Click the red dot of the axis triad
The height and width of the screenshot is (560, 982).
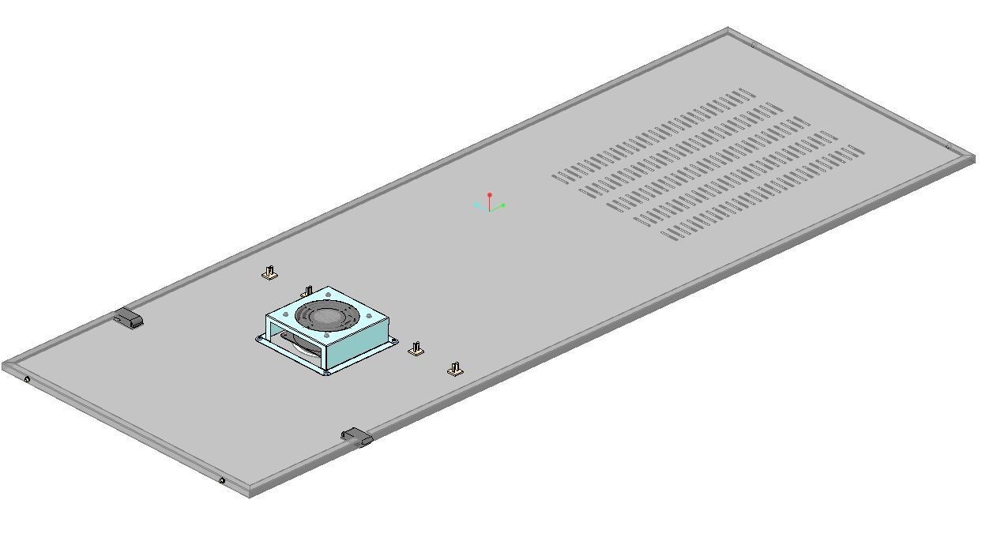pyautogui.click(x=490, y=194)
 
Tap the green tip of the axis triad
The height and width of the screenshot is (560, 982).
pyautogui.click(x=503, y=205)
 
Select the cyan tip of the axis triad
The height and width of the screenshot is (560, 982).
pyautogui.click(x=476, y=205)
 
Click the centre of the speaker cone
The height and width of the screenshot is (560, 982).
pyautogui.click(x=324, y=318)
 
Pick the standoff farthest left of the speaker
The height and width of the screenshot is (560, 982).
pyautogui.click(x=270, y=273)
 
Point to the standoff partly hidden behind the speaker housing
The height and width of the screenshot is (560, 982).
pyautogui.click(x=307, y=291)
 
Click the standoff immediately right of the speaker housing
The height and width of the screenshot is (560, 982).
pyautogui.click(x=416, y=348)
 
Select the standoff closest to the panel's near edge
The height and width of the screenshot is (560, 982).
pyautogui.click(x=454, y=369)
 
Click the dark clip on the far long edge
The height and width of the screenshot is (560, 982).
pyautogui.click(x=128, y=318)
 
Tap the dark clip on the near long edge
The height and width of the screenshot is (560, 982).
pyautogui.click(x=356, y=436)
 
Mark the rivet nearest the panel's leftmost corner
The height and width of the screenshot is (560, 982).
pyautogui.click(x=28, y=380)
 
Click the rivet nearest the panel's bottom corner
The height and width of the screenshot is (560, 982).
pyautogui.click(x=222, y=480)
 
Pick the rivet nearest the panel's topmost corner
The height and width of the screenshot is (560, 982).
pyautogui.click(x=752, y=46)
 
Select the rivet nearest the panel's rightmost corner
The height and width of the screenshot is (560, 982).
pyautogui.click(x=948, y=146)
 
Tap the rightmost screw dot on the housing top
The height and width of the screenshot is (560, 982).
pyautogui.click(x=369, y=318)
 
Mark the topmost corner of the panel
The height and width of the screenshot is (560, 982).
pyautogui.click(x=728, y=30)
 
